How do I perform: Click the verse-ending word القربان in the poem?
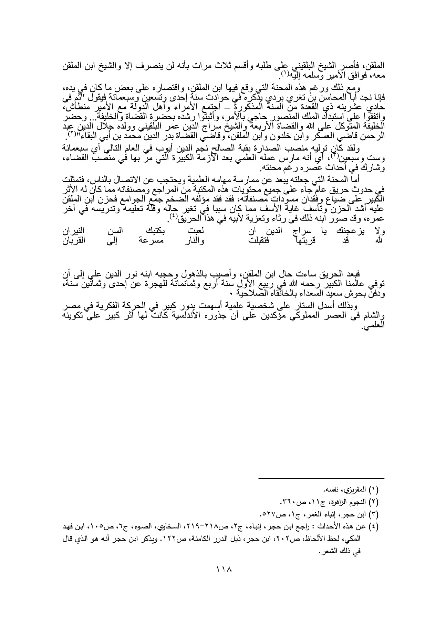click(73, 241)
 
